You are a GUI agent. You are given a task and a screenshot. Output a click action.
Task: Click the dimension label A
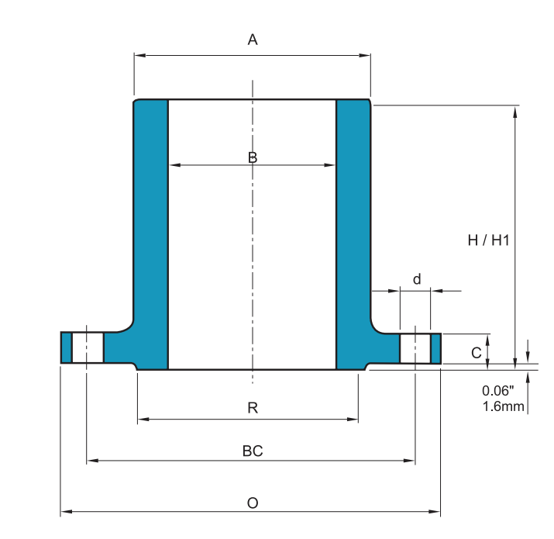point(252,40)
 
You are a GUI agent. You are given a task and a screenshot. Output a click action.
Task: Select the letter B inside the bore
point(253,157)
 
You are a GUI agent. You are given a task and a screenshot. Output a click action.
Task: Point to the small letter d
point(417,279)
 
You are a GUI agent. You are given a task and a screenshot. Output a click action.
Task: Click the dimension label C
point(477,352)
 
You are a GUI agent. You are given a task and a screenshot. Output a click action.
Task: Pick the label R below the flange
point(253,408)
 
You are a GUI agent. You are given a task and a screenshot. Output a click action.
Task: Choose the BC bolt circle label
point(253,451)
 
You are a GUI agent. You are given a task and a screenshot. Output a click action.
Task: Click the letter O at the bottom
point(253,503)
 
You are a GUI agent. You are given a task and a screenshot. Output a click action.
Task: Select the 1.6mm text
point(503,406)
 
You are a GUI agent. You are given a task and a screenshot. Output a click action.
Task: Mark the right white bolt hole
point(415,347)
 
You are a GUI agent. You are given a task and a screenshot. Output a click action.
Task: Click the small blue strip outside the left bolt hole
point(66,347)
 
